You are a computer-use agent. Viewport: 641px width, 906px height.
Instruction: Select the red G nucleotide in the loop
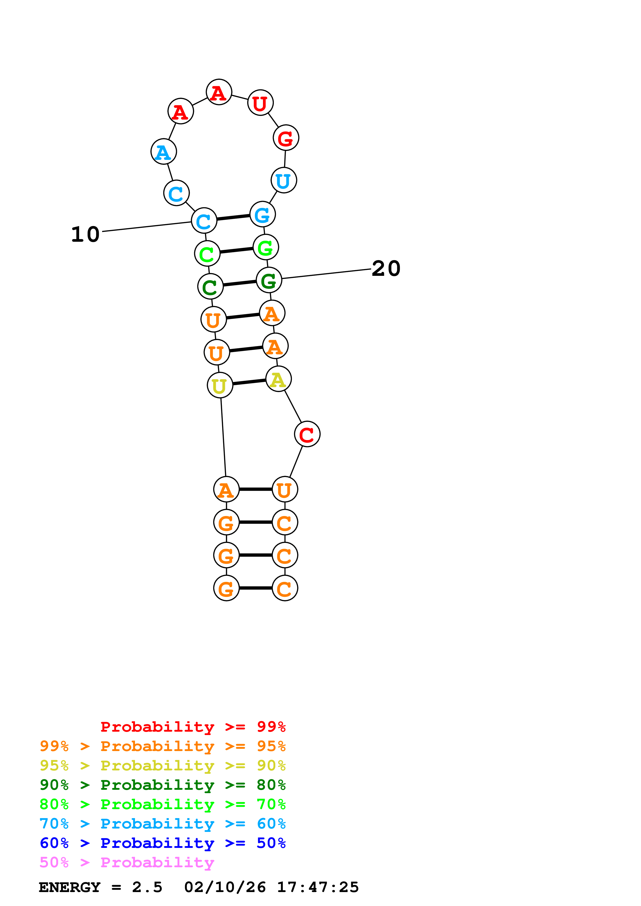(x=285, y=138)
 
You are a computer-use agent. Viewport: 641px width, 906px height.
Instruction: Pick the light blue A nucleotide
(x=163, y=152)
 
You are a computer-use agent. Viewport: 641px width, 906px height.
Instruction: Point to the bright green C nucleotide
(x=207, y=254)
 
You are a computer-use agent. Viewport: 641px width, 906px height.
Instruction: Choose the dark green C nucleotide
(x=210, y=287)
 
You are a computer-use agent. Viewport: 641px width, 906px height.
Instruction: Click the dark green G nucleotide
(x=269, y=280)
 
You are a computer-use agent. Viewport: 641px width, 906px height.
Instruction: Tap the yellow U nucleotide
(x=220, y=386)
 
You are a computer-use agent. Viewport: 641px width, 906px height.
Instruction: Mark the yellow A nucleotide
(x=278, y=379)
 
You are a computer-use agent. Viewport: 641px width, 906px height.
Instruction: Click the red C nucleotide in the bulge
(x=307, y=434)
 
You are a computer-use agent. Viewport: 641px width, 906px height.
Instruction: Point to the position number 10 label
(x=85, y=235)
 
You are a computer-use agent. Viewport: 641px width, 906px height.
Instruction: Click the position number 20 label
(x=386, y=269)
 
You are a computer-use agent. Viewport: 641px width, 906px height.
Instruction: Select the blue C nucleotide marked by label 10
(x=204, y=221)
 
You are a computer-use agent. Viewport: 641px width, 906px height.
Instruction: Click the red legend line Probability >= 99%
(x=193, y=727)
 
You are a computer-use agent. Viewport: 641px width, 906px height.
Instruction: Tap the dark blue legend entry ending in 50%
(x=162, y=843)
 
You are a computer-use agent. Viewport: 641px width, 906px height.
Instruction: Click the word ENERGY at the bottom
(x=70, y=887)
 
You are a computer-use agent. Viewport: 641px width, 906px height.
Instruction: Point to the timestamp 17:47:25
(x=318, y=887)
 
